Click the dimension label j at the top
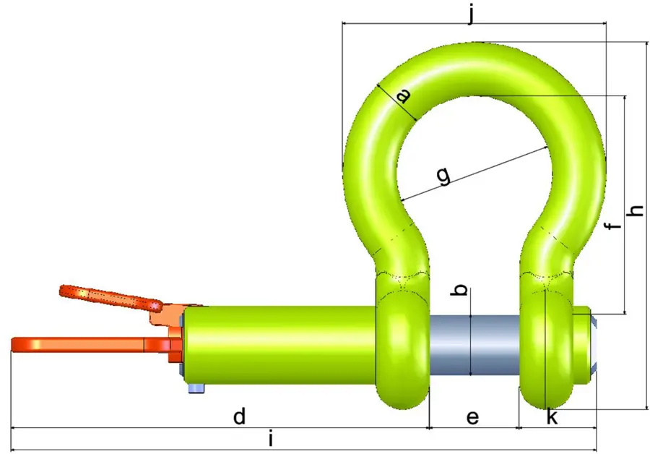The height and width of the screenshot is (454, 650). point(472,12)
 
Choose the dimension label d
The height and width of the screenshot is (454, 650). point(240,417)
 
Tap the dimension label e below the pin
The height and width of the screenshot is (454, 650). point(472,418)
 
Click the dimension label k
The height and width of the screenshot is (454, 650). point(552,418)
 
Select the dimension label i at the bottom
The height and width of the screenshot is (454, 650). point(270,439)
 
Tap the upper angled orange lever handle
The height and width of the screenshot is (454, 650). point(108,296)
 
